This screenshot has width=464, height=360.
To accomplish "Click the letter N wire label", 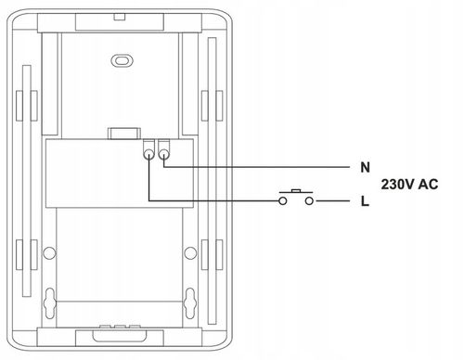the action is tap(365, 167).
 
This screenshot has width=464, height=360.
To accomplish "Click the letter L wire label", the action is tap(365, 201).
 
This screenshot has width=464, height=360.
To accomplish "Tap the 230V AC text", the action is tap(409, 185).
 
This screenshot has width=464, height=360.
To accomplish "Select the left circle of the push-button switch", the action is tap(283, 201).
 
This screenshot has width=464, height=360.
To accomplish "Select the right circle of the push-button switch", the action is tap(309, 201).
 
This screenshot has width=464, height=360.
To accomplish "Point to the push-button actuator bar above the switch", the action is tap(296, 192).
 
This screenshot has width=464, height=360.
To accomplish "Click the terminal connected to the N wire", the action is tap(164, 154).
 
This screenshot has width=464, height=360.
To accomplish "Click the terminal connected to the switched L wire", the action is tap(148, 154).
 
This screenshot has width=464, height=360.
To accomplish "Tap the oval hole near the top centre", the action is tap(122, 60).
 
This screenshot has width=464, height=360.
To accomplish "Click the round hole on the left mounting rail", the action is tap(49, 253).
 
